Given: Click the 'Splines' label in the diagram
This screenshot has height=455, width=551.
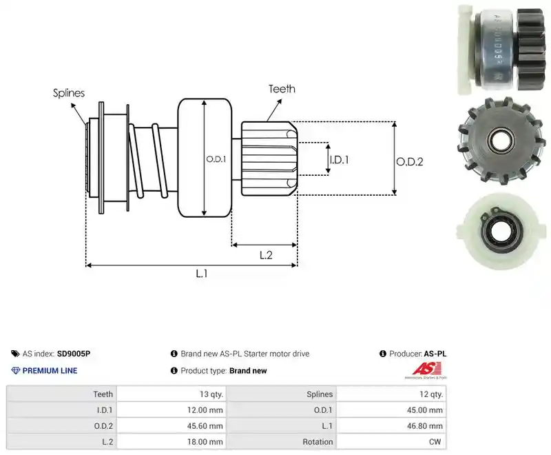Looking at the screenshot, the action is click(69, 93).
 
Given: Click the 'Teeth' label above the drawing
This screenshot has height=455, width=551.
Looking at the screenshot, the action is click(282, 89).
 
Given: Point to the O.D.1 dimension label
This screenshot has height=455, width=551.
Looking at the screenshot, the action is click(216, 159).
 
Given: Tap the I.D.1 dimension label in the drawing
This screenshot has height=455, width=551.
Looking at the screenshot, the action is click(339, 160).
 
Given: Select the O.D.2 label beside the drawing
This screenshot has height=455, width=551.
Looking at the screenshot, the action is click(410, 162).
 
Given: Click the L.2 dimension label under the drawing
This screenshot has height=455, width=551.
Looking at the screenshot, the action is click(266, 255).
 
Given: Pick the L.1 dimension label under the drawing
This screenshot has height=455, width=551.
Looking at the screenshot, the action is click(202, 273).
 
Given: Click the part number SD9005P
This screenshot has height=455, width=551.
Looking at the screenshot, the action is click(74, 354).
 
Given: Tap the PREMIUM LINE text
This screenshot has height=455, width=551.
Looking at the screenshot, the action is click(50, 371).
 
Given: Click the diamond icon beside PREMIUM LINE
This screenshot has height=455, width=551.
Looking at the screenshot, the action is click(16, 371).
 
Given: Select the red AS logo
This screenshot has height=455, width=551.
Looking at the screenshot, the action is click(426, 370).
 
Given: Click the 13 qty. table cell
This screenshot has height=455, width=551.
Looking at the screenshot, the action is click(171, 394).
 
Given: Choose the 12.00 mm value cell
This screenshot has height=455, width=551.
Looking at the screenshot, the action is click(171, 410).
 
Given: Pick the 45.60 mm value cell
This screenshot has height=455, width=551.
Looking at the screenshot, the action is click(171, 426).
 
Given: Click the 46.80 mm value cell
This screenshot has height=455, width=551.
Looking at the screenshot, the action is click(391, 426).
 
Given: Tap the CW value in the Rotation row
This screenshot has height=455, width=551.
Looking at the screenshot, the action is click(435, 442).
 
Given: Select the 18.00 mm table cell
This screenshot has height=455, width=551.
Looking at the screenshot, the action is click(171, 442).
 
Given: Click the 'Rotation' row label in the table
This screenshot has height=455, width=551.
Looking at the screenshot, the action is click(318, 442).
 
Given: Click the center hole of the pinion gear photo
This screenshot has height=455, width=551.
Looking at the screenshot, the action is click(502, 141).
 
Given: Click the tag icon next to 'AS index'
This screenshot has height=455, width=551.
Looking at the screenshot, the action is click(15, 354).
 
